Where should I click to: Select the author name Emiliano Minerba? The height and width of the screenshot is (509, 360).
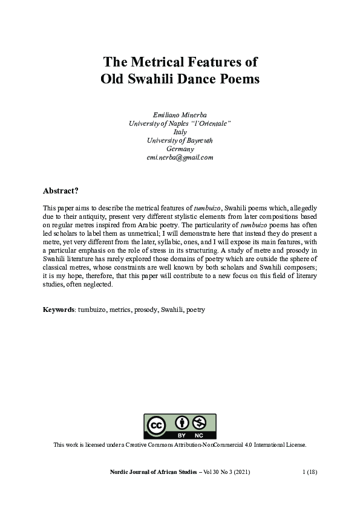click(180, 114)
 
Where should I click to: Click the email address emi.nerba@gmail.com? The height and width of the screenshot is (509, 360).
click(180, 158)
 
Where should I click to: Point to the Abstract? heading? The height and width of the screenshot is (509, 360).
click(61, 190)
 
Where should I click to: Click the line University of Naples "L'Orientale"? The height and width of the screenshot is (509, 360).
click(180, 123)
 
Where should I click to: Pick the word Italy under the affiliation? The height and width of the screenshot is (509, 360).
click(180, 132)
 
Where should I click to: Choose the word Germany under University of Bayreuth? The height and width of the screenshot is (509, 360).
click(180, 149)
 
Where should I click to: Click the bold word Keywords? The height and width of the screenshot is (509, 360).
click(59, 310)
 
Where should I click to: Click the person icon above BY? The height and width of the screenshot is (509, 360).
click(182, 423)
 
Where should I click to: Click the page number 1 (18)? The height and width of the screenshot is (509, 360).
click(311, 471)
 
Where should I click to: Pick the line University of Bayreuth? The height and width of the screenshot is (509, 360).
click(180, 141)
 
